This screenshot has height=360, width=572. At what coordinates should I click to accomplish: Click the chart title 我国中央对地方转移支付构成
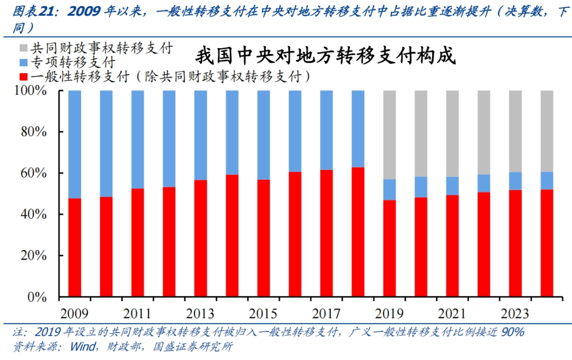pos(326,56)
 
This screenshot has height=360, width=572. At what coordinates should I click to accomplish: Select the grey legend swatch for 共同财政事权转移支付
pos(23,49)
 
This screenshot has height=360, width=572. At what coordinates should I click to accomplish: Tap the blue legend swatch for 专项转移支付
pos(23,63)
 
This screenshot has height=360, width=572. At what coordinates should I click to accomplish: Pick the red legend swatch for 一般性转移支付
pos(23,77)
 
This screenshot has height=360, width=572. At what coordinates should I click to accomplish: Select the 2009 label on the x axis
pos(75,313)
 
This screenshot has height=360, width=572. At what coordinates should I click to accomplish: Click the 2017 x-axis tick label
pos(326,313)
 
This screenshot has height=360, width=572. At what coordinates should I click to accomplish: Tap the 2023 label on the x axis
pos(515,313)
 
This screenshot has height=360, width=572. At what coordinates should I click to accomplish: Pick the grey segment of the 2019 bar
pos(389,134)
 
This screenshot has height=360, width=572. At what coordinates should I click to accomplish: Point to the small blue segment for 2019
pos(389,190)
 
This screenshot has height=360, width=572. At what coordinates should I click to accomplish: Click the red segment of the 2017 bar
pos(326,233)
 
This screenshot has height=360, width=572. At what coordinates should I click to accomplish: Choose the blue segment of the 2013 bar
pos(201,135)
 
